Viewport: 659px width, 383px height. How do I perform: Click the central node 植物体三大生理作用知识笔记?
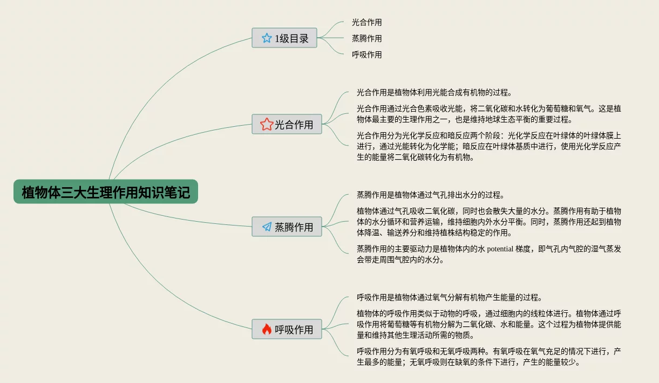[x=106, y=191]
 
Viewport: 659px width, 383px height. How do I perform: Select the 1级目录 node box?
[x=284, y=38]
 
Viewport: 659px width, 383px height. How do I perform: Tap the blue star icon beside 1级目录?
[x=267, y=38]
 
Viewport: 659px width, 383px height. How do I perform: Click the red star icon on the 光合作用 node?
[x=267, y=125]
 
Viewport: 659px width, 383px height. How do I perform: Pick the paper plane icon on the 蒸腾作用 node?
[x=267, y=227]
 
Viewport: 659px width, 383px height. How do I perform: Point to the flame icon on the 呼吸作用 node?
[x=267, y=329]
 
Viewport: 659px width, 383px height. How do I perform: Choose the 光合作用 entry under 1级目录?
[x=366, y=22]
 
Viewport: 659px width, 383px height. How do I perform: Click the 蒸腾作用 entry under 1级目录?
[x=366, y=38]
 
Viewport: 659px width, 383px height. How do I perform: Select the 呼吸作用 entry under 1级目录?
[x=366, y=54]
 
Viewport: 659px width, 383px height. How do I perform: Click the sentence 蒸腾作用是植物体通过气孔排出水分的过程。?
[x=430, y=195]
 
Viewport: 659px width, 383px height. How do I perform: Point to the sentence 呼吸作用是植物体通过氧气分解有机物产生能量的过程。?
[x=449, y=297]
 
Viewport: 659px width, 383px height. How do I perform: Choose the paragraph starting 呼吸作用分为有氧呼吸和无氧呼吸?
[x=488, y=357]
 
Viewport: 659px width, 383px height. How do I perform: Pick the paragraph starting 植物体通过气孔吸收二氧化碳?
[x=488, y=222]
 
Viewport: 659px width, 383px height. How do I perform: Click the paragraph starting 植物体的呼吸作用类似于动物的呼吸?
[x=488, y=324]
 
